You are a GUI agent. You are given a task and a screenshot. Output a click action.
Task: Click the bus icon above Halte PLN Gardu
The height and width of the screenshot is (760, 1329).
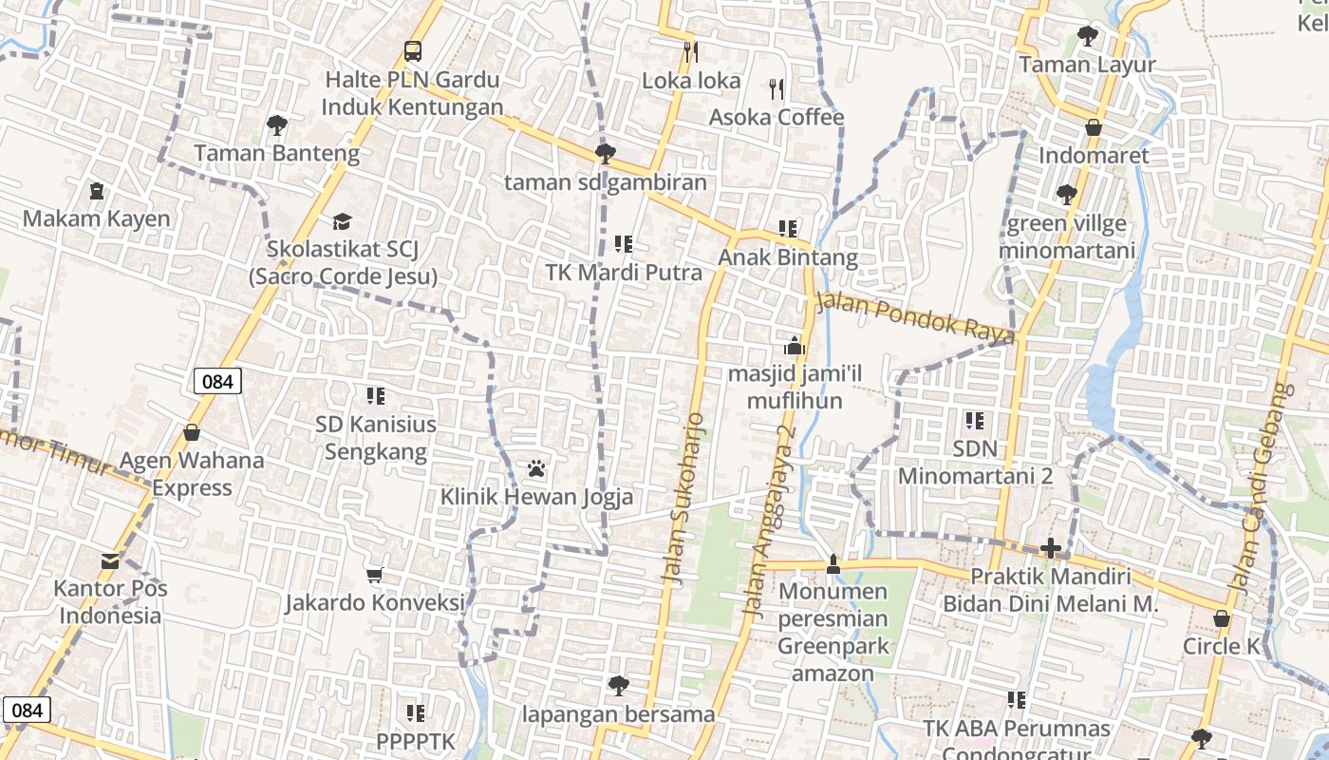click(x=412, y=50)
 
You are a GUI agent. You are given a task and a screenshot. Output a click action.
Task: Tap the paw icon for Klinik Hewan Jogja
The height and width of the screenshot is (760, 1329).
click(x=536, y=468)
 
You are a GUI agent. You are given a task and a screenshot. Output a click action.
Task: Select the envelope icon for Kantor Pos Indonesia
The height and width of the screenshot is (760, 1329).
click(x=111, y=560)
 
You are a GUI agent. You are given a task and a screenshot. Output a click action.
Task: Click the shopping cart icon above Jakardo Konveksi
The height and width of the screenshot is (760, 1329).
click(x=375, y=575)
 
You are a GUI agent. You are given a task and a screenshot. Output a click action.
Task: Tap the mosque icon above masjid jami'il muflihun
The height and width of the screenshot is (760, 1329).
click(x=795, y=346)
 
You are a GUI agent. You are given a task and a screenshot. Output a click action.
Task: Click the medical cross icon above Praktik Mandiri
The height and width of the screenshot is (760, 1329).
click(x=1050, y=548)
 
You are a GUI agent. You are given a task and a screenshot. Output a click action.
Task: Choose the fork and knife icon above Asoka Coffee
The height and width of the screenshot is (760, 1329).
click(x=777, y=89)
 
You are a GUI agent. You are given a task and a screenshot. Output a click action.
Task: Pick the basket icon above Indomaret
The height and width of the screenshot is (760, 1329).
click(x=1094, y=127)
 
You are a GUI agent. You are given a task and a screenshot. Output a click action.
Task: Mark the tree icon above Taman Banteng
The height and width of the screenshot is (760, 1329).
click(x=276, y=124)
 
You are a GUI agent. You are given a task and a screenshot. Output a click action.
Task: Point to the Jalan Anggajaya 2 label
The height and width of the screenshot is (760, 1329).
click(x=771, y=522)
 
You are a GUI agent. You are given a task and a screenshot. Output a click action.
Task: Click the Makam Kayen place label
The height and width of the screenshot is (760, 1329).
click(x=97, y=218)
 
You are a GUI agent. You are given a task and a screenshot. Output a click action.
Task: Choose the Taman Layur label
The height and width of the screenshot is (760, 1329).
click(x=1087, y=65)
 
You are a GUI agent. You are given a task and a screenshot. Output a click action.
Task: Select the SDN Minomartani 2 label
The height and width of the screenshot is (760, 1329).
click(x=975, y=462)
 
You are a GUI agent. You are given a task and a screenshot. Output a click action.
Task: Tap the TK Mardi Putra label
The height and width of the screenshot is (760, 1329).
click(x=624, y=273)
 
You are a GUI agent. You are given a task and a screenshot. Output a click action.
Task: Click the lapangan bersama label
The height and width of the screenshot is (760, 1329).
click(x=618, y=713)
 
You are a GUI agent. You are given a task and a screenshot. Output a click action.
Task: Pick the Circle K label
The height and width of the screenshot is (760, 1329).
click(x=1221, y=647)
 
